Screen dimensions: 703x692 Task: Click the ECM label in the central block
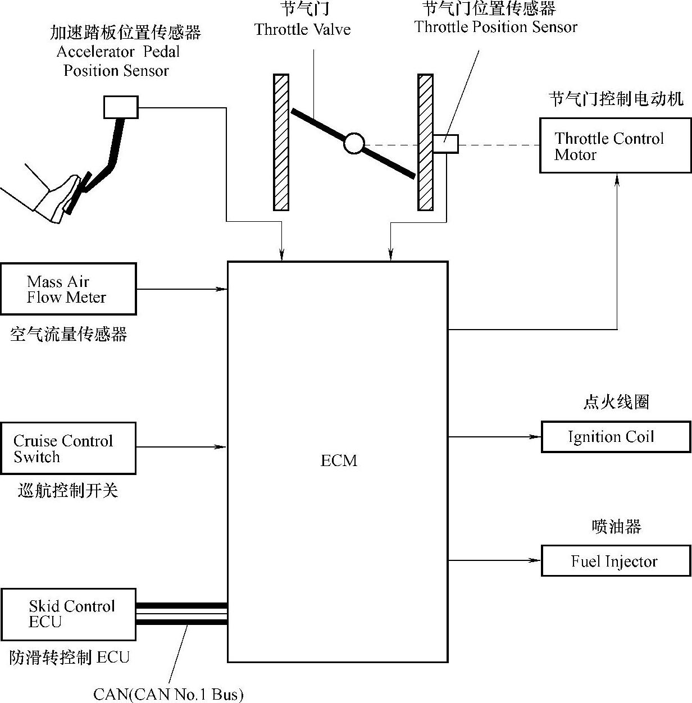point(339,460)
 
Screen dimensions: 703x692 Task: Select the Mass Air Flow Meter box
point(68,289)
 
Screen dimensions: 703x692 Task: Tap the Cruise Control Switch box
point(68,448)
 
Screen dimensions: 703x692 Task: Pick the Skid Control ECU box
point(68,614)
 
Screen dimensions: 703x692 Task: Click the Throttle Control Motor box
point(615,145)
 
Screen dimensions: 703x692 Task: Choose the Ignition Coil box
point(616,437)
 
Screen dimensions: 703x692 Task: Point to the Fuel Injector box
point(616,560)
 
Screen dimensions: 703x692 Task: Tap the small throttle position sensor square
point(445,144)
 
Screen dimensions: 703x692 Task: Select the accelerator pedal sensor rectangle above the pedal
point(121,107)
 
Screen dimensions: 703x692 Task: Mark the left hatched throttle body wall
point(281,143)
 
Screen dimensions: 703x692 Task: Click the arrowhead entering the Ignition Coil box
point(535,437)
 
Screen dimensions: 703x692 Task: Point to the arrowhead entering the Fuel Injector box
point(535,560)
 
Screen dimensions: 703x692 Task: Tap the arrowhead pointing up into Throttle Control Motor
point(617,179)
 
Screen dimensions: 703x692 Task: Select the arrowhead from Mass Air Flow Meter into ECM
point(222,289)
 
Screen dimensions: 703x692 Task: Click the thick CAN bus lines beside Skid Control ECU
point(181,614)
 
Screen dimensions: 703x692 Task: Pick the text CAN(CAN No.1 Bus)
point(169,695)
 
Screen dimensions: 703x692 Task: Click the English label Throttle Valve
point(302,29)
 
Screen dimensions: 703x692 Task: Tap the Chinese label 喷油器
point(616,526)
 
